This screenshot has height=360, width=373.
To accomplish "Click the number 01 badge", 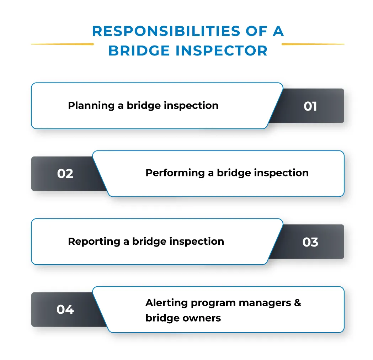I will point(310,106).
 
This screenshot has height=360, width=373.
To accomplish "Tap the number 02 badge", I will point(65,174).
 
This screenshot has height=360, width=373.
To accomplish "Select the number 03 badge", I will point(310,242).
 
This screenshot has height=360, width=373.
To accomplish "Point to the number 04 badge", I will point(65,309).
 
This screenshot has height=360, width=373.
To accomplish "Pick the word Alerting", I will point(166,303).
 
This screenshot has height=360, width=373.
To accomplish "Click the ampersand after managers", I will point(297,303).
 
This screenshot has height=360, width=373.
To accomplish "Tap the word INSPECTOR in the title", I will point(221,51).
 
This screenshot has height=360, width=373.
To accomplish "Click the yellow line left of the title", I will point(62,44).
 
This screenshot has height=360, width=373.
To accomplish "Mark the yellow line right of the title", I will point(313,44).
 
